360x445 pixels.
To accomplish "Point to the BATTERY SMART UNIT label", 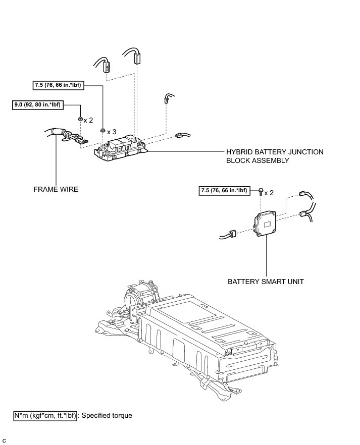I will (x=265, y=281).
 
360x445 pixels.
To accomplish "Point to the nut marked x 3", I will (x=102, y=131).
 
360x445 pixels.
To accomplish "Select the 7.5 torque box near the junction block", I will (x=59, y=85).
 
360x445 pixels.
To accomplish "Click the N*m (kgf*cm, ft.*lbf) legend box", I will (x=45, y=416).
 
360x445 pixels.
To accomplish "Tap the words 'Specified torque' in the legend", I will (x=107, y=416).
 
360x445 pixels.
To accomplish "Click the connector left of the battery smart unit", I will (x=233, y=233).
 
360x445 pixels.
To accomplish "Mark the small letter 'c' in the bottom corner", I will (x=5, y=440).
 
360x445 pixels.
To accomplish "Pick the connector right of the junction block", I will (x=180, y=135).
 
